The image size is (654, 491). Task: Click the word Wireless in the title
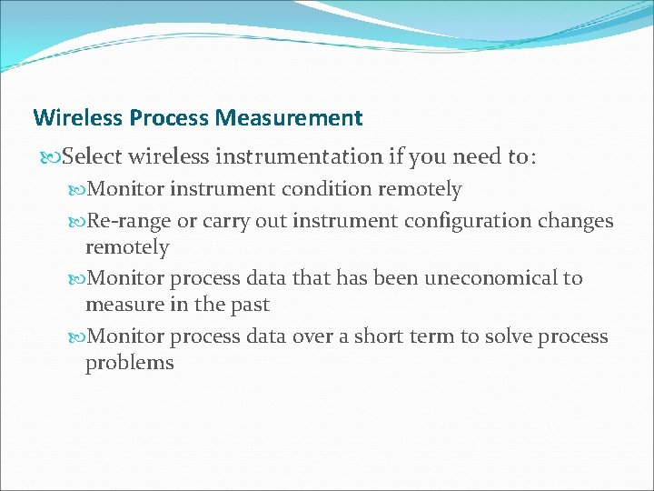click(78, 118)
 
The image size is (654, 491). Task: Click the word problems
click(129, 363)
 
